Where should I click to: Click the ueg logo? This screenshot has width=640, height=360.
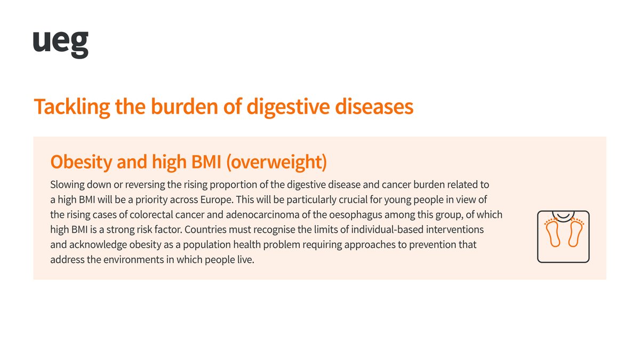60,44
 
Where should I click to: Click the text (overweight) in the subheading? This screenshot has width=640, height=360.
276,162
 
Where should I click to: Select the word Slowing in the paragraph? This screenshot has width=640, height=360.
67,185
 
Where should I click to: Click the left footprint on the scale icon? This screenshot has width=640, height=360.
553,233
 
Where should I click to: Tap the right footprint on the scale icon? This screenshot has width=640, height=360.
574,233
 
